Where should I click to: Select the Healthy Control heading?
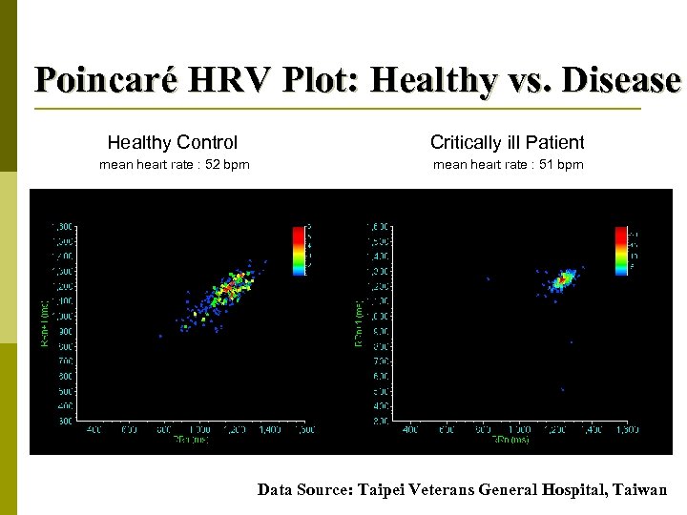click(x=173, y=143)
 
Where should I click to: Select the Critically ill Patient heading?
click(x=507, y=143)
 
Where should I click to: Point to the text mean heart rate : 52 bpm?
click(x=175, y=165)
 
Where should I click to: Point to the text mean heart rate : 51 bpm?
click(x=508, y=165)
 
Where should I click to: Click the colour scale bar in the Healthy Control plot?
click(x=299, y=250)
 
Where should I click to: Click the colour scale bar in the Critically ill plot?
click(x=621, y=250)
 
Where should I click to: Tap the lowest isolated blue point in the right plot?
click(x=563, y=389)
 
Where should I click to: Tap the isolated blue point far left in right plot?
click(x=488, y=278)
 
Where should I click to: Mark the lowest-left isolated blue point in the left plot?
click(x=160, y=336)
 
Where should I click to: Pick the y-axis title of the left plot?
click(x=43, y=323)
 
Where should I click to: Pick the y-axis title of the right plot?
click(x=360, y=323)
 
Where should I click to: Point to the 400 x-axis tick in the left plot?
click(x=94, y=430)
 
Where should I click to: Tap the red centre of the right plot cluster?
click(x=563, y=279)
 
